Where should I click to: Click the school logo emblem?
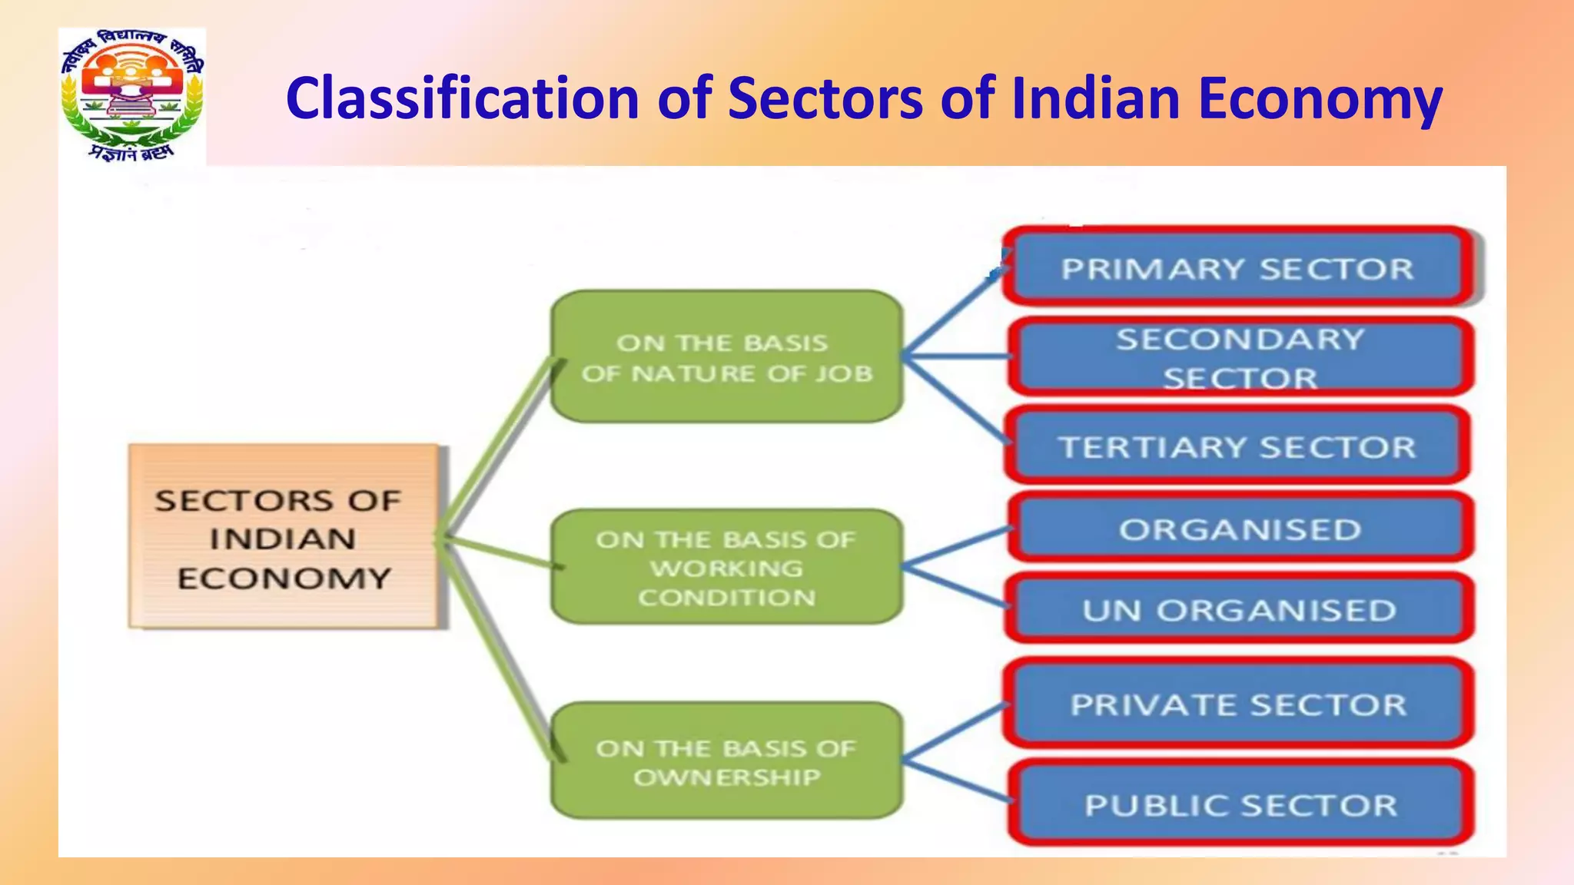click(132, 96)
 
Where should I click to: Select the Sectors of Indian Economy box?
click(284, 537)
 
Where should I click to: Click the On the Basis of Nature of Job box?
click(726, 357)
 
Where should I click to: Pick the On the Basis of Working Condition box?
click(726, 568)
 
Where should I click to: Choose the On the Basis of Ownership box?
click(726, 761)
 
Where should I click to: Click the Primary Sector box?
click(1237, 268)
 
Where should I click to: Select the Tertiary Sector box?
click(1237, 446)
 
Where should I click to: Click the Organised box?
click(1240, 529)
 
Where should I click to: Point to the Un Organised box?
click(1240, 610)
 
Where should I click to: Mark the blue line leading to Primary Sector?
click(953, 311)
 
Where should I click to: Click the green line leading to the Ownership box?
click(500, 649)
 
